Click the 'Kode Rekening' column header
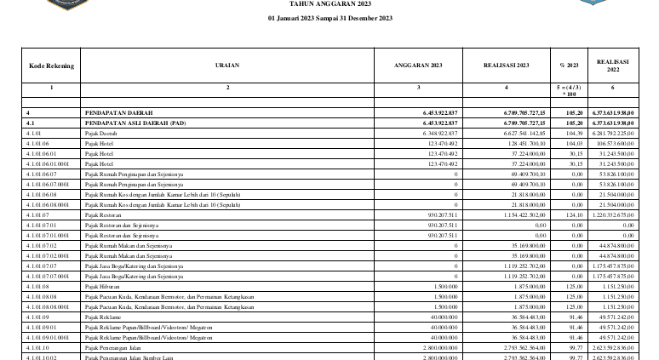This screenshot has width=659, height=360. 51,66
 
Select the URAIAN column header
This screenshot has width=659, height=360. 227,66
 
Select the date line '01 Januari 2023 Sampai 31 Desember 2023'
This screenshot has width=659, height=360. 329,18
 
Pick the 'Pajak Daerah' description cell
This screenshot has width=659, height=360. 100,134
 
